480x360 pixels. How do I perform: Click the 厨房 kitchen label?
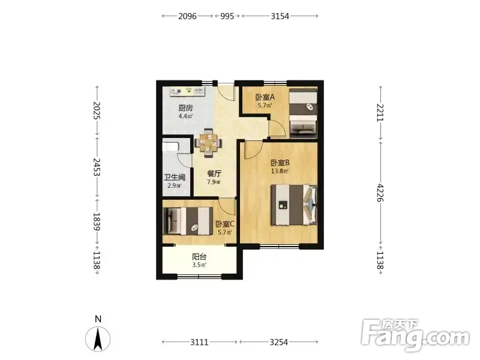(185, 108)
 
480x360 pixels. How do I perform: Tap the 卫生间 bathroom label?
(175, 178)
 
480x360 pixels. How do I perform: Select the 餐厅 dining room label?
(214, 174)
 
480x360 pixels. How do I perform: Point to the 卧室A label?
(265, 97)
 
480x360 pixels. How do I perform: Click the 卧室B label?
(280, 163)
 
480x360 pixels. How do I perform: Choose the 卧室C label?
(224, 224)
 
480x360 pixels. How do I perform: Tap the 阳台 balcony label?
(199, 257)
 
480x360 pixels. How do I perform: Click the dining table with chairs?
(208, 143)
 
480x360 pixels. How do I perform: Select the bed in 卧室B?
(294, 205)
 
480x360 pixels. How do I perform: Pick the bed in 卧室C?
(188, 221)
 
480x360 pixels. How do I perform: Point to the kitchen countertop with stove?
(187, 91)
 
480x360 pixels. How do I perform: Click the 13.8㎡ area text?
(280, 171)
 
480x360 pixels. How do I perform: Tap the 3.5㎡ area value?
(199, 265)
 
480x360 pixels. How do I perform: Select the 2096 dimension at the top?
(187, 16)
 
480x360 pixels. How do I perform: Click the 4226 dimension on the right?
(380, 193)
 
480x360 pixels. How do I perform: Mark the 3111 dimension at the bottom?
(199, 342)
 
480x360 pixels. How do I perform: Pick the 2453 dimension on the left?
(97, 167)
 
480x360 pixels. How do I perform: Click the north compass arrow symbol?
(98, 339)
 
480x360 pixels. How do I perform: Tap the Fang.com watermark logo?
(415, 335)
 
